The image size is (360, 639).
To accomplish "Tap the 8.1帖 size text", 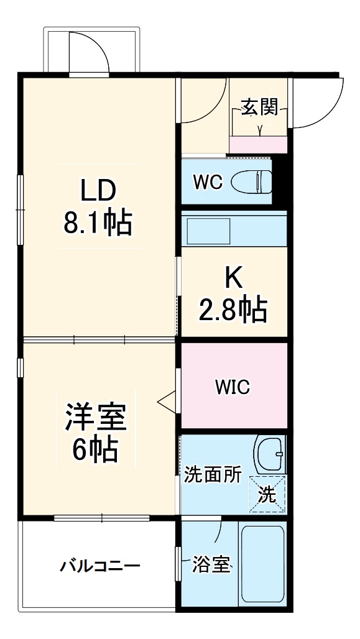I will click(98, 222).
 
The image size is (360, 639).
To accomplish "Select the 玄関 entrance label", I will click(259, 108).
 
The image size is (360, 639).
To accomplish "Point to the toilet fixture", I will click(252, 182).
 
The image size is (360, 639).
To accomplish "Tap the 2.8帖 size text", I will click(233, 309).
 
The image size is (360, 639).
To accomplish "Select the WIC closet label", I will click(233, 387).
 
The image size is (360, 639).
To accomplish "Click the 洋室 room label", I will click(96, 418).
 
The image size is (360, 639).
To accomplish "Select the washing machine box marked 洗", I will click(267, 495).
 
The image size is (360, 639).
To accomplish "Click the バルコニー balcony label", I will click(100, 566).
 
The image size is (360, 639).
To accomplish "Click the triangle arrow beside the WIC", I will click(167, 402).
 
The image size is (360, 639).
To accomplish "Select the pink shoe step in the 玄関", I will click(258, 145).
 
